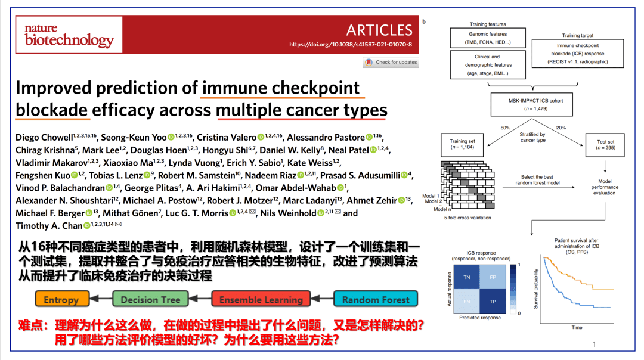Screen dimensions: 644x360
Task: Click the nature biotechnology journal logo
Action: pos(69,35)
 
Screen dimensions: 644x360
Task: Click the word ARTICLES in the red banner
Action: pos(379,30)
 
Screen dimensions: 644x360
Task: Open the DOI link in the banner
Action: pos(351,44)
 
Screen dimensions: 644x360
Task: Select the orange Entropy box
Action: pos(62,299)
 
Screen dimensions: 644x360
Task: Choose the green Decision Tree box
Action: pos(150,299)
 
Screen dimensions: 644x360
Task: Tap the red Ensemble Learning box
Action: pos(261,299)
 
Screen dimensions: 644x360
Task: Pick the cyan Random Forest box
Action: pos(376,299)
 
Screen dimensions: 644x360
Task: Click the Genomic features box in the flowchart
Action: pos(488,38)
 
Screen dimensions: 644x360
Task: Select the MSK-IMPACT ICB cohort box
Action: pos(531,105)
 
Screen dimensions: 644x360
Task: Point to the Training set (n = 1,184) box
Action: pos(462,145)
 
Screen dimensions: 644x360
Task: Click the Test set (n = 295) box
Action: pos(605,145)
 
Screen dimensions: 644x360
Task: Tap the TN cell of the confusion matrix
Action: pos(466,277)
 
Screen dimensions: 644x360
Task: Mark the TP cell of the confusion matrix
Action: pos(493,302)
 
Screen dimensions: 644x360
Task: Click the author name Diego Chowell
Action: pos(44,138)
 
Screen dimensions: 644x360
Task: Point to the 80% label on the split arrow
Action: pos(505,128)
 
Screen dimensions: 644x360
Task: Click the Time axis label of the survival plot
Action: pos(577,328)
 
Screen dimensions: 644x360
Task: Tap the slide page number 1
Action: pos(594,345)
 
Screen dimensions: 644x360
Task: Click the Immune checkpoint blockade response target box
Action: pos(577,54)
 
